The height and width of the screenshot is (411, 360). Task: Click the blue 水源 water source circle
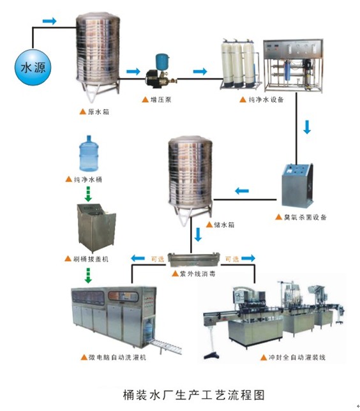[33, 68]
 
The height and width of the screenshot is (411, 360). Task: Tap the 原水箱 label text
[98, 112]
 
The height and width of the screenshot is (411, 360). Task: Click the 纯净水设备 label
[266, 100]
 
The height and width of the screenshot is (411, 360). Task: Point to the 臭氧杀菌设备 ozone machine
[297, 185]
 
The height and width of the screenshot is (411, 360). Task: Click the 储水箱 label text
[224, 225]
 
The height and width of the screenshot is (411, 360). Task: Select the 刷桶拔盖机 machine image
[96, 227]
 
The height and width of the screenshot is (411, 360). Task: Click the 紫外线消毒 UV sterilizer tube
[193, 259]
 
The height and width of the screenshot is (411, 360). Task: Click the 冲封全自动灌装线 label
[297, 357]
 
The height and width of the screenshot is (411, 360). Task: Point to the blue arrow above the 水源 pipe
[50, 21]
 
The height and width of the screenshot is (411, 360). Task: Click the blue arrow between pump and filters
[200, 71]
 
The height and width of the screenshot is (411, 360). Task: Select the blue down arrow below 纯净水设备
[307, 127]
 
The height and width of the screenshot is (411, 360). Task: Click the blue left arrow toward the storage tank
[242, 191]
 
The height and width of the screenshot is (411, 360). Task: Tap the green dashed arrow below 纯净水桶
[88, 194]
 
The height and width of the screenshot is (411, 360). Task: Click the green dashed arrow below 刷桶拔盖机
[88, 276]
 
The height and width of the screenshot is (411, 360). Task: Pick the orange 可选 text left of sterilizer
[158, 259]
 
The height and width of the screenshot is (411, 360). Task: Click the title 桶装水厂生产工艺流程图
[194, 394]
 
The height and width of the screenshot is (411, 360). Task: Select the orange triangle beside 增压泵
[146, 100]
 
